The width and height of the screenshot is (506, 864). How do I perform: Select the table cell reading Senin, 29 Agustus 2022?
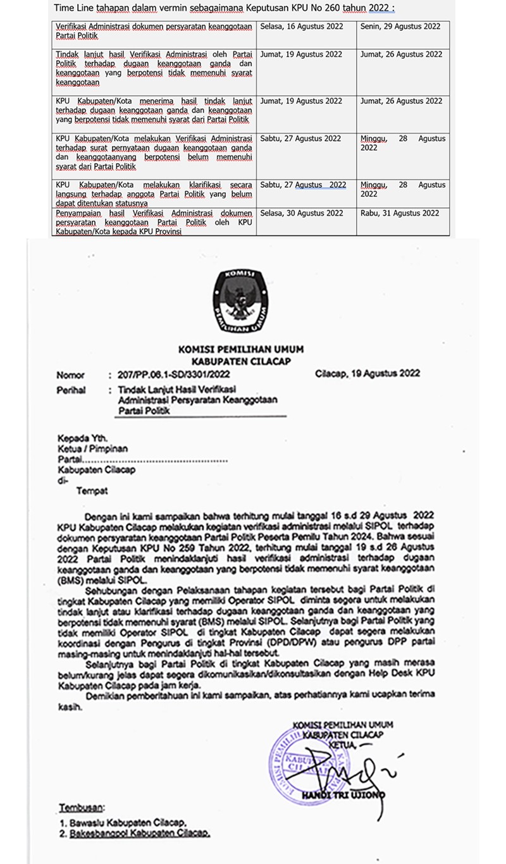(400, 27)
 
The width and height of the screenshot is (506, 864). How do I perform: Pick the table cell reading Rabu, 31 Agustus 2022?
(400, 213)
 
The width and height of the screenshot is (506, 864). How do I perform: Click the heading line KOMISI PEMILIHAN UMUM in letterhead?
(240, 349)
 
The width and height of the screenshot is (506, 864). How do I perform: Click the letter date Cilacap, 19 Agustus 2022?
(367, 374)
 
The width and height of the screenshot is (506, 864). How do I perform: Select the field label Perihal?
(71, 391)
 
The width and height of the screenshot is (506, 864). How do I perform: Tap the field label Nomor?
(70, 375)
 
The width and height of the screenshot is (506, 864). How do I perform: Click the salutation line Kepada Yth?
(83, 438)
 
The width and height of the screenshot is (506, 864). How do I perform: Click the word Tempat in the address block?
(92, 490)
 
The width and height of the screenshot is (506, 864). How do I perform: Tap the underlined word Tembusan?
(83, 808)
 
